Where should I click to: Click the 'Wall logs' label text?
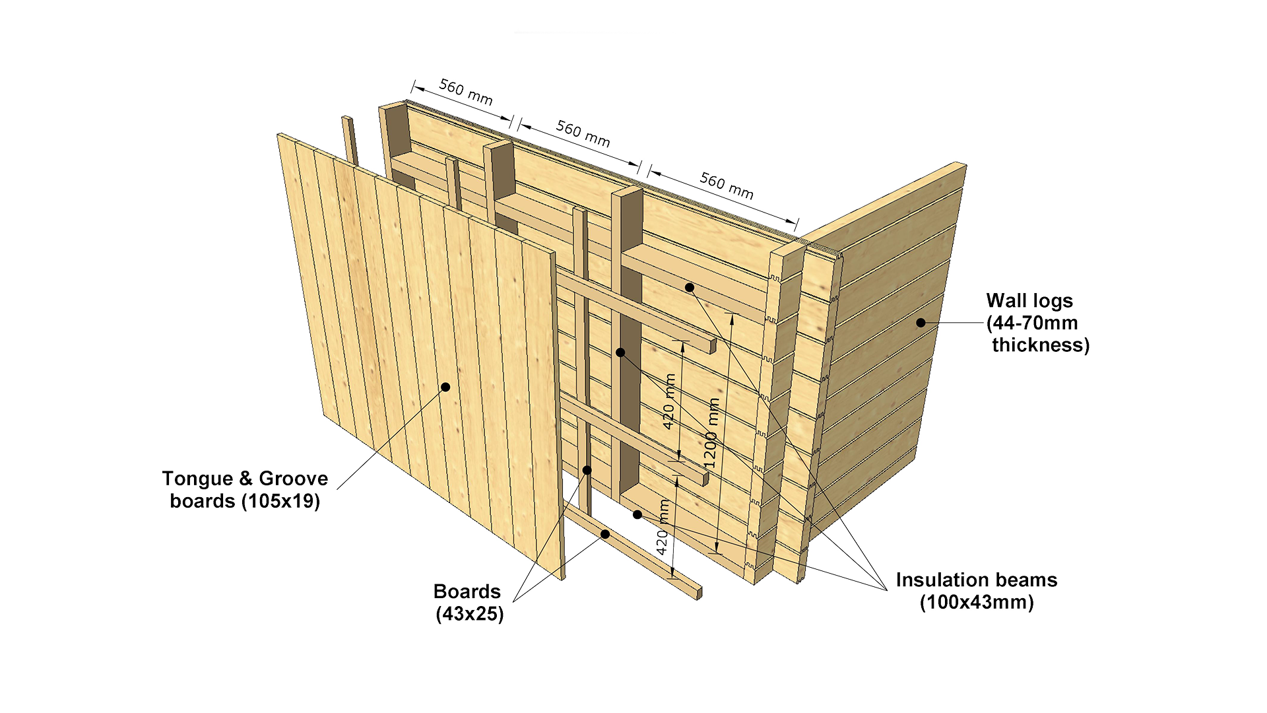(1029, 301)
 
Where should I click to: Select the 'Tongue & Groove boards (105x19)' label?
(245, 489)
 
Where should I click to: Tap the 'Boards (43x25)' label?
(468, 602)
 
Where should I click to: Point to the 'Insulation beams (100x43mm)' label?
(977, 591)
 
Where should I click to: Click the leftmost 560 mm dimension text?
(466, 92)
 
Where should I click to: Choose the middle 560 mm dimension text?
(583, 133)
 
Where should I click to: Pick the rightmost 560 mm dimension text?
(727, 186)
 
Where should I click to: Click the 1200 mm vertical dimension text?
(711, 433)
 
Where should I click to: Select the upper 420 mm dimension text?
(669, 401)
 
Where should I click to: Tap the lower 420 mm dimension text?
(663, 527)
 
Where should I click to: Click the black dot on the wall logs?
(921, 323)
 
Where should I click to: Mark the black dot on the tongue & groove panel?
(445, 387)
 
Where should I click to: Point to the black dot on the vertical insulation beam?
(620, 353)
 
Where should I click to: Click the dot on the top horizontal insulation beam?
(689, 287)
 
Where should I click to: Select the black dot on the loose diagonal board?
(604, 534)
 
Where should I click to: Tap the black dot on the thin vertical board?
(587, 470)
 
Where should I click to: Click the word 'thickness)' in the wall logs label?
(1041, 345)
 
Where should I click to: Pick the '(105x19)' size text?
(280, 501)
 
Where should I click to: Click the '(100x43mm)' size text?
(977, 602)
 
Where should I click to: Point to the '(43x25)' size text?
(470, 614)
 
